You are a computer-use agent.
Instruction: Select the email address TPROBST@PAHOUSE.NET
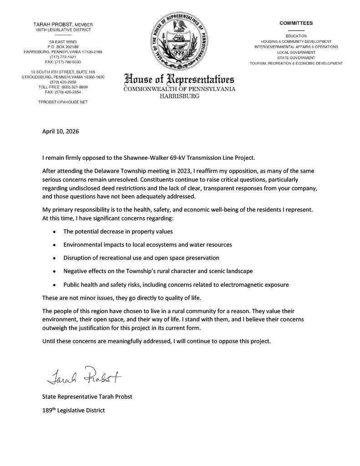63,102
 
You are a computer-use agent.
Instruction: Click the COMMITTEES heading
296,23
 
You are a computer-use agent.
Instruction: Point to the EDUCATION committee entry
296,36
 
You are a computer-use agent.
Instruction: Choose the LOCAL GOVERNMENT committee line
296,52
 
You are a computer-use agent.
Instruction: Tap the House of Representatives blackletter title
180,78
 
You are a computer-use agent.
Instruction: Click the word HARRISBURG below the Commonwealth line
180,96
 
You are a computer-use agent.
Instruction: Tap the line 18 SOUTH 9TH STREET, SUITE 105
63,72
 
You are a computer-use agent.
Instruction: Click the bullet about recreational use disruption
141,258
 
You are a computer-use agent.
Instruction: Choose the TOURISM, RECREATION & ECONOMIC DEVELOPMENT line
296,63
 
